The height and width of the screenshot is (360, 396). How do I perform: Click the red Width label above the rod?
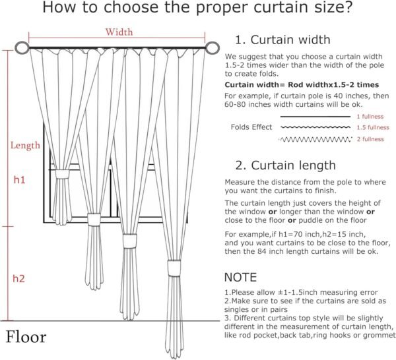click(119, 32)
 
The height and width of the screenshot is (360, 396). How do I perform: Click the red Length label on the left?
click(24, 145)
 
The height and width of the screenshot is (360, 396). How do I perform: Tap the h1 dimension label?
click(20, 179)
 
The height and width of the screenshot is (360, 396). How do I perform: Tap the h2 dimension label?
click(19, 279)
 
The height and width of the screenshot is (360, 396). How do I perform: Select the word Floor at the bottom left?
click(26, 338)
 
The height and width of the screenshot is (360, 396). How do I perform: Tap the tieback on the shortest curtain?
click(63, 175)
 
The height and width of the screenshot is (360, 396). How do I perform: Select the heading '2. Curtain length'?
click(285, 165)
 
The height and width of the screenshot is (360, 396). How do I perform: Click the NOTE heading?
click(242, 278)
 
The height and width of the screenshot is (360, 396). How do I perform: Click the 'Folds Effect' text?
click(251, 127)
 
